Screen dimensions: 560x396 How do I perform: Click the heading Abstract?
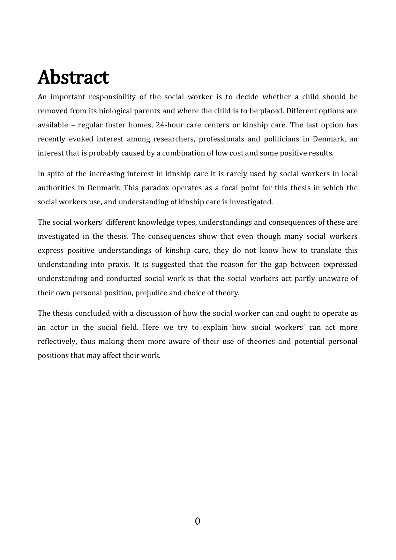pos(73,77)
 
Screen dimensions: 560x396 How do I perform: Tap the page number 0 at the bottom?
pos(198,521)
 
